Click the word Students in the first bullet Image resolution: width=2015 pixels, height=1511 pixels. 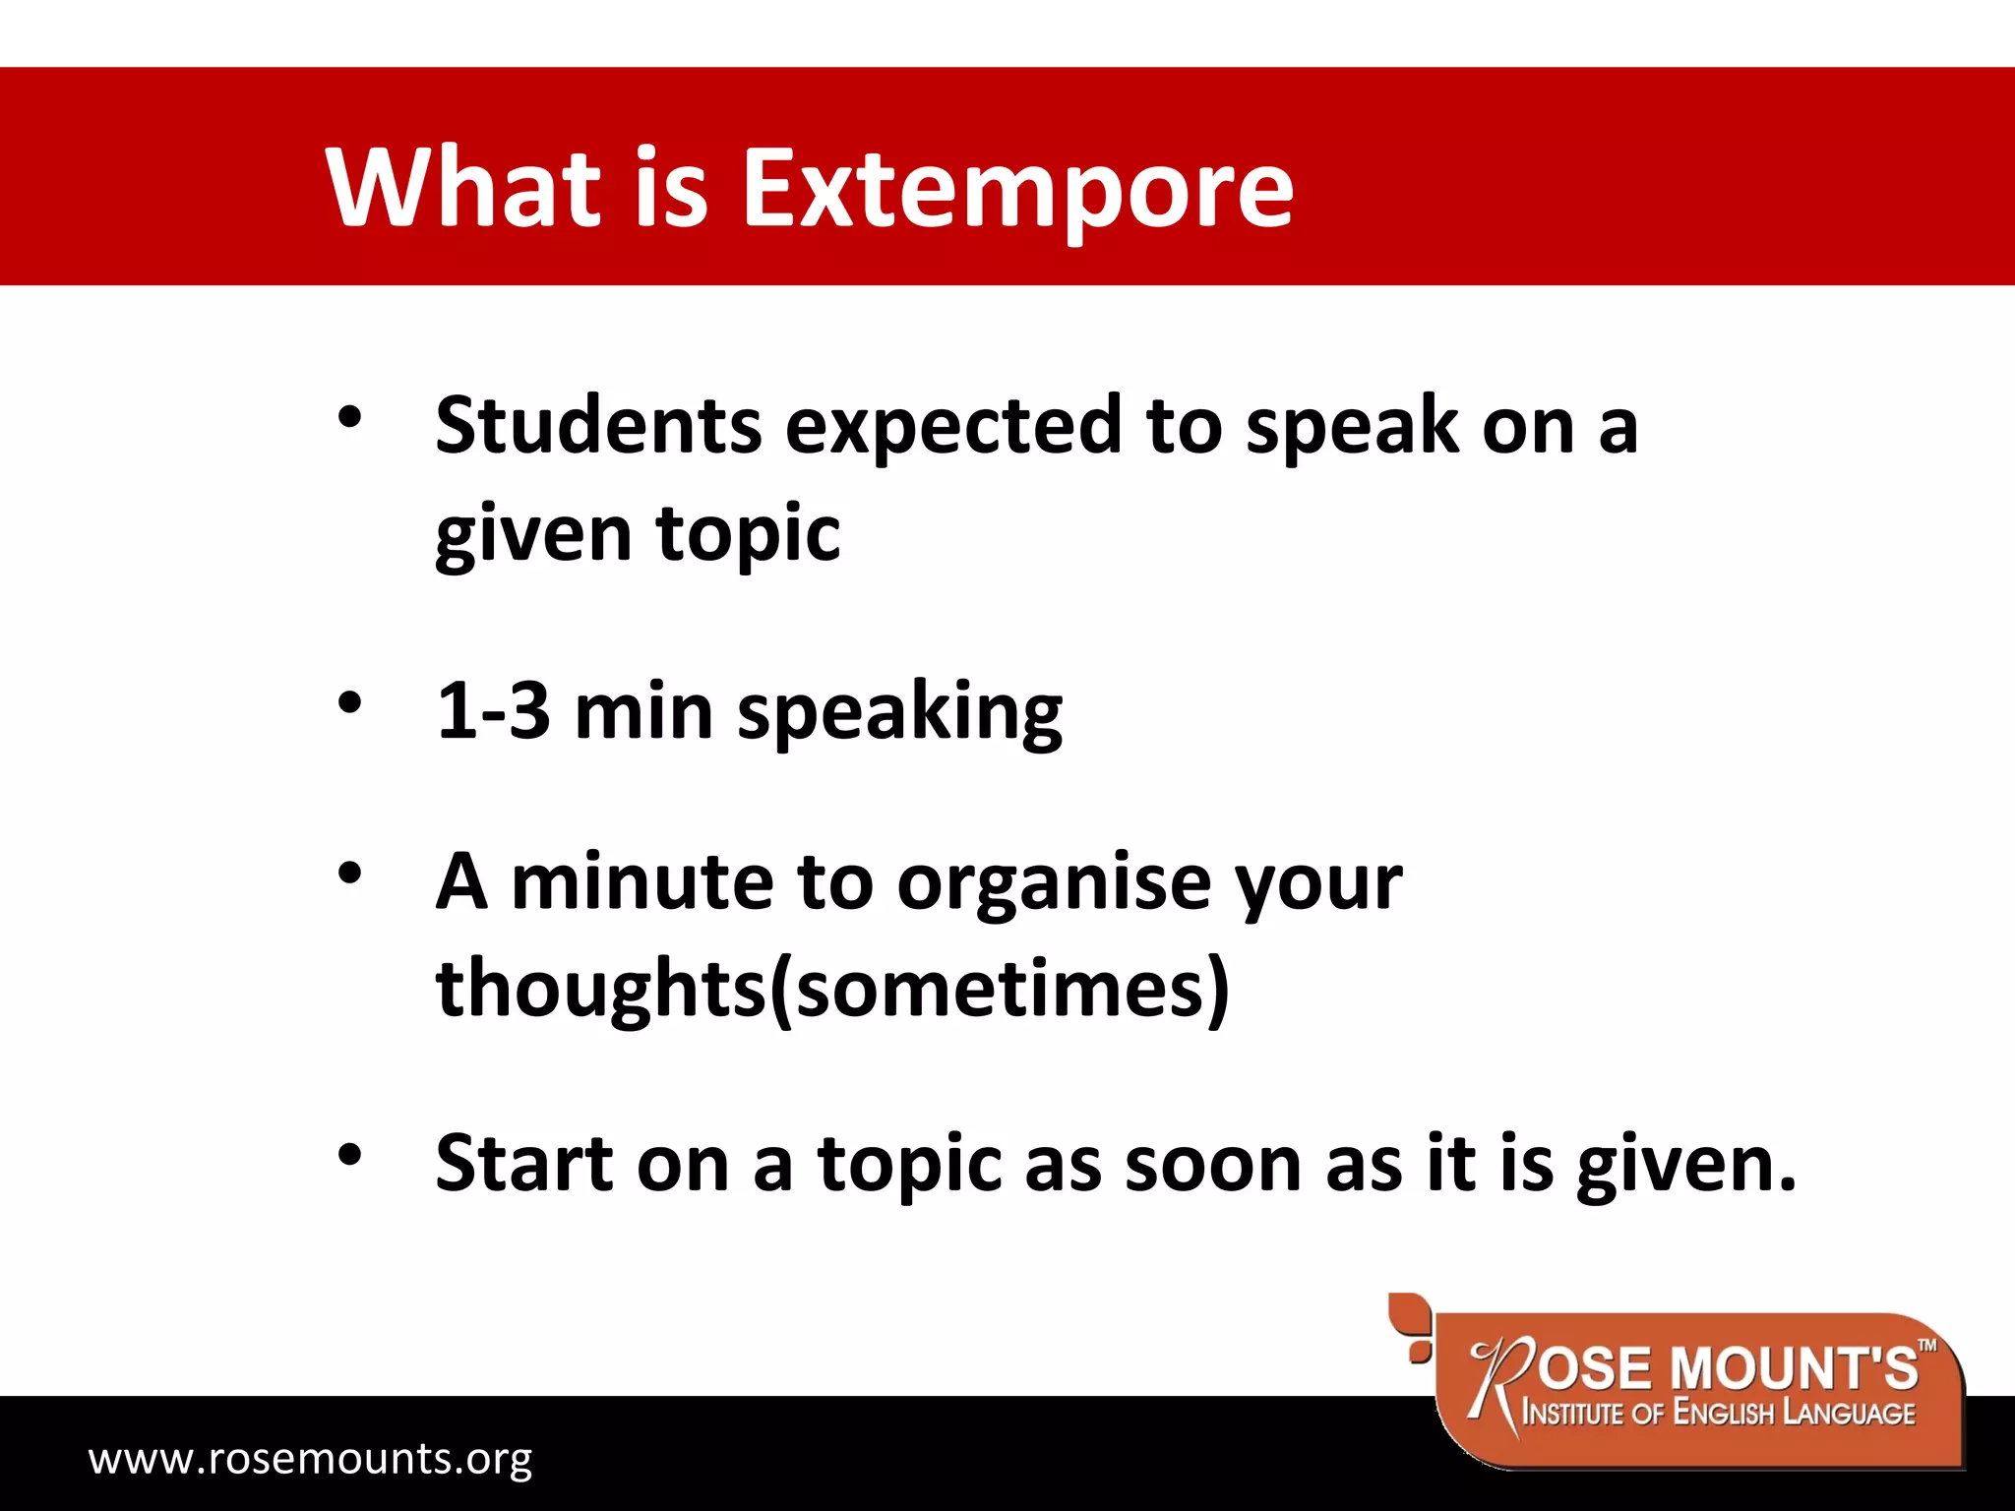[598, 425]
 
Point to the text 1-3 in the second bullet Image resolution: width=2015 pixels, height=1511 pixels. [492, 710]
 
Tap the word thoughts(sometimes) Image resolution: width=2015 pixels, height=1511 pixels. [832, 990]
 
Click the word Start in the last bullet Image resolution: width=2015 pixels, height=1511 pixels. [523, 1163]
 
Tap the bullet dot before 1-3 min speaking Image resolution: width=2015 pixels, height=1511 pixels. [349, 703]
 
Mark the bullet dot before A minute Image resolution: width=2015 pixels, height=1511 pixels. [349, 873]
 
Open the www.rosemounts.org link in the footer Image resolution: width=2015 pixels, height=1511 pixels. [310, 1458]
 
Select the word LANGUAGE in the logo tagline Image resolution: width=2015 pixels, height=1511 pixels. [1850, 1414]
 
